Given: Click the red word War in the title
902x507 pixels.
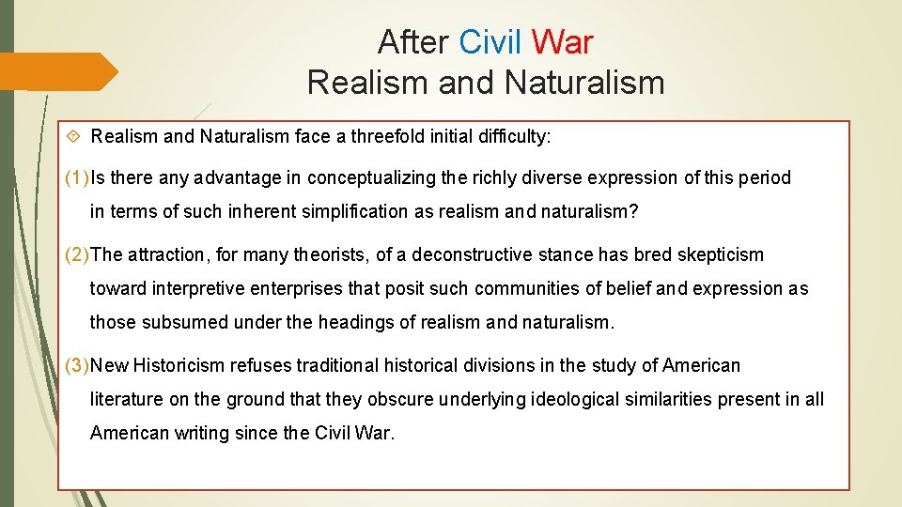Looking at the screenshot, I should coord(562,42).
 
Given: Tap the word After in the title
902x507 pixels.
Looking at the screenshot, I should coord(413,42).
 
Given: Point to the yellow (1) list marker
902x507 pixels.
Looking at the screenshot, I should coord(77,177).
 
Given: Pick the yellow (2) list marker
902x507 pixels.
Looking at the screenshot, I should coord(77,254).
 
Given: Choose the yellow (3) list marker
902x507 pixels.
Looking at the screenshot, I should coord(77,365).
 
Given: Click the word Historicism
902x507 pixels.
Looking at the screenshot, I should coord(179,365).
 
